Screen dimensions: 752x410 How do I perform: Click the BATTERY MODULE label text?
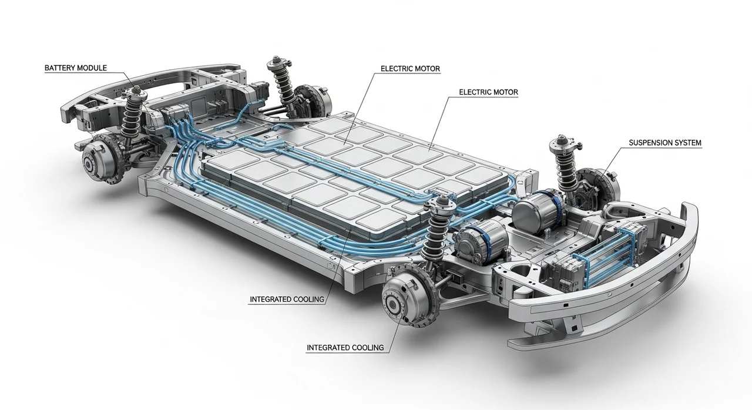(76, 68)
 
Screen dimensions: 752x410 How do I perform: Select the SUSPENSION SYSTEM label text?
(664, 143)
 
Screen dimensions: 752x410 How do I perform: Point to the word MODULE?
(92, 68)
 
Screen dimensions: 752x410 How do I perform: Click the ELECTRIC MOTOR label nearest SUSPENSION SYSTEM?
(488, 92)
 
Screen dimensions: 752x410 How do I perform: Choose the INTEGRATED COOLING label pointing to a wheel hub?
(345, 348)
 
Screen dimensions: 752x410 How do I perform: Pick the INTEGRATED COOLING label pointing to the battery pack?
(287, 300)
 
